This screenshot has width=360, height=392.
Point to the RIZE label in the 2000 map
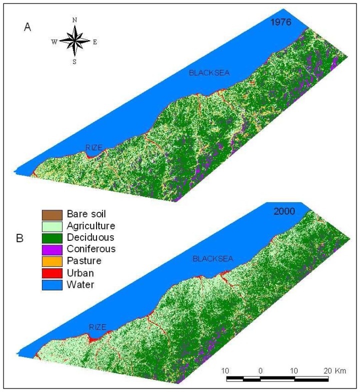(x=98, y=327)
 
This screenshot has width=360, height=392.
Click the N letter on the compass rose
(x=74, y=20)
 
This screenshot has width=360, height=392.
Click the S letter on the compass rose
(x=74, y=62)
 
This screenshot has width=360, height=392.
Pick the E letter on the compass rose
(x=95, y=42)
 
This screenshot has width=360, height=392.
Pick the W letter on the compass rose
(x=53, y=42)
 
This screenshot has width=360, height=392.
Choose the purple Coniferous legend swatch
(x=51, y=249)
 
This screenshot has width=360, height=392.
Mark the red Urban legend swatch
(x=51, y=273)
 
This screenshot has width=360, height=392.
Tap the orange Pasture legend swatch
(x=51, y=261)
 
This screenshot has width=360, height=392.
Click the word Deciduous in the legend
(x=90, y=237)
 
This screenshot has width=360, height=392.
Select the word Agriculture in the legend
(x=92, y=226)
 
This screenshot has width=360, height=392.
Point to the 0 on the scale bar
(x=260, y=370)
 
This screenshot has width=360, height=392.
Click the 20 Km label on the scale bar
(x=334, y=370)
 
